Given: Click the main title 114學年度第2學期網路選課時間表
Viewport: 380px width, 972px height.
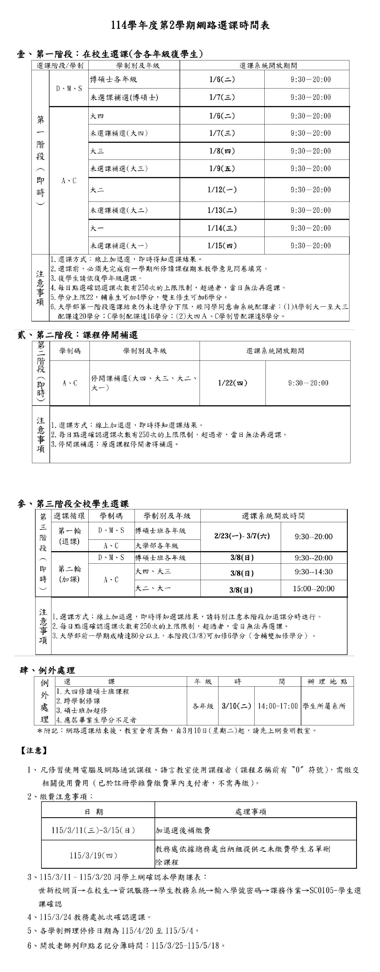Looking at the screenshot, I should tap(190, 26).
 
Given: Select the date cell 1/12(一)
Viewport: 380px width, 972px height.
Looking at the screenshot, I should tap(222, 190).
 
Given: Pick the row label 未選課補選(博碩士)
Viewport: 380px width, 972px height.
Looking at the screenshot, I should tap(124, 97).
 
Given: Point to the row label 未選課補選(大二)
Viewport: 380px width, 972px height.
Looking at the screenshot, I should tap(119, 210).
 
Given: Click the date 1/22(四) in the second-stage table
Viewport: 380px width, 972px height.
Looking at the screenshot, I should tap(233, 383).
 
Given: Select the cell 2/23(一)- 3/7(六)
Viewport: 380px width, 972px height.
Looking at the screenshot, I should tap(242, 536).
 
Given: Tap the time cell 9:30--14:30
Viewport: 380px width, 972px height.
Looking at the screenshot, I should tap(314, 572).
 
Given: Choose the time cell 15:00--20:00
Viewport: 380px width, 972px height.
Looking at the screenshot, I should tap(314, 589).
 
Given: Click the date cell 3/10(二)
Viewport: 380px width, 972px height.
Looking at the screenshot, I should tap(236, 706).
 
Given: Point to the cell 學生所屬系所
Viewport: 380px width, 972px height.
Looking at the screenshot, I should tap(324, 706).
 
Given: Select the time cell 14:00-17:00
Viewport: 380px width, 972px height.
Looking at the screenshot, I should tap(278, 706).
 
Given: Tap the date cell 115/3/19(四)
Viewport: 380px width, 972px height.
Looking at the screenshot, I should tap(93, 855).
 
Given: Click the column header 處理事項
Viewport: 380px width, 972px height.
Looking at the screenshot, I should tap(251, 812).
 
